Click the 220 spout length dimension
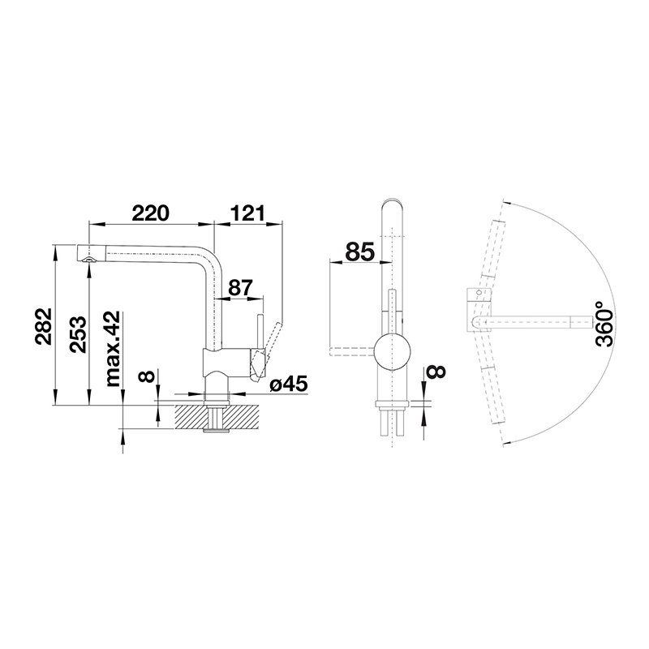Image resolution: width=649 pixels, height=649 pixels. pos(150,213)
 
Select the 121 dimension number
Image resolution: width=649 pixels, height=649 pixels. pos(247,213)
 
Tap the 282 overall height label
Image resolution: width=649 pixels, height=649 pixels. pos(43,326)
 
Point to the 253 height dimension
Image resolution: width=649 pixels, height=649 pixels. pos(78,334)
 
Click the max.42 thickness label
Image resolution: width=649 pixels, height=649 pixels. pos(113,349)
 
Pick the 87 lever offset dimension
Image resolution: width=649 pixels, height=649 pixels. pos(240,288)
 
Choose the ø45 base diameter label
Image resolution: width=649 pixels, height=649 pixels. pos(289,385)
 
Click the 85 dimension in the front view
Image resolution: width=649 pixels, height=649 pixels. pos(359,251)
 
